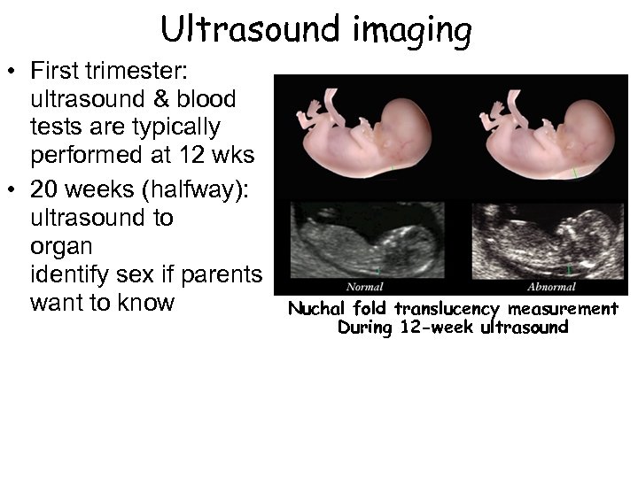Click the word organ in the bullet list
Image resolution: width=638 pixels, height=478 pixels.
(x=61, y=246)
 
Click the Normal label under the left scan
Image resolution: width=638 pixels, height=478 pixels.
(x=364, y=287)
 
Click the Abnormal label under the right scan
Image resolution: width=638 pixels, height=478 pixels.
(x=551, y=287)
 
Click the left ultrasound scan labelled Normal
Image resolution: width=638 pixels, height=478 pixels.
(x=367, y=240)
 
